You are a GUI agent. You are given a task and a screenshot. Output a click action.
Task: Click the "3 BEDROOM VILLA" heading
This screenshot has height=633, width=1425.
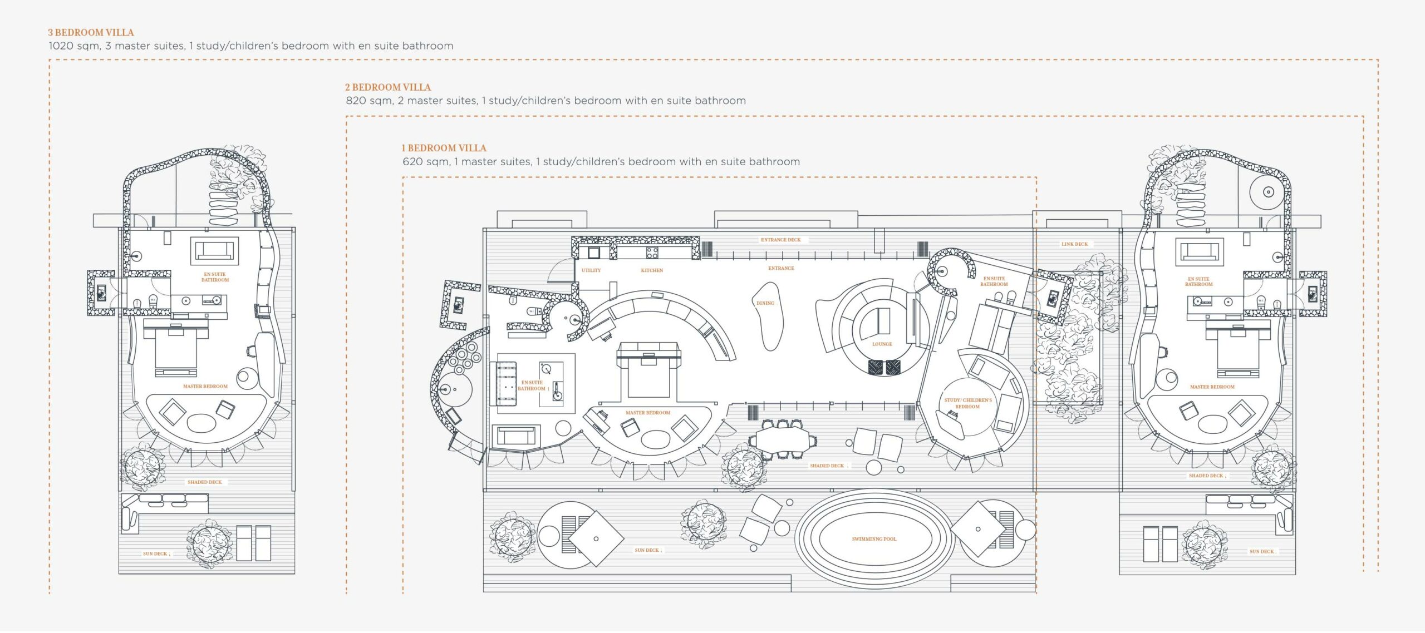tap(91, 32)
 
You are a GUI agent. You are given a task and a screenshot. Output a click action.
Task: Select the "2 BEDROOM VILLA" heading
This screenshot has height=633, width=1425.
tap(387, 87)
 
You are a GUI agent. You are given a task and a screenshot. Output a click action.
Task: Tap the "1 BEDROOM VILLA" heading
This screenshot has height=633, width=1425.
tap(444, 148)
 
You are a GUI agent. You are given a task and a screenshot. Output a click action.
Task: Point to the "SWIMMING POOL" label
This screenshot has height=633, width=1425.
tap(874, 539)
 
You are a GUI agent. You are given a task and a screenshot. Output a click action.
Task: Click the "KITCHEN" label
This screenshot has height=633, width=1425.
tap(652, 270)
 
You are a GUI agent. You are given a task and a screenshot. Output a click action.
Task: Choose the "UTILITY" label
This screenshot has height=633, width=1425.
tap(591, 270)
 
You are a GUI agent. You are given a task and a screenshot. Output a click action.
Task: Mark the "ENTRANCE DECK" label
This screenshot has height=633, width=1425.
tap(780, 240)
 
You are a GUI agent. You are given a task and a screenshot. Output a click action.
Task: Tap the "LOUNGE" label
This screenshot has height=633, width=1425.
tap(882, 344)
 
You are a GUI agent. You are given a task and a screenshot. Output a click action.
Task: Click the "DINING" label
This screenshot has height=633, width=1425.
tap(765, 303)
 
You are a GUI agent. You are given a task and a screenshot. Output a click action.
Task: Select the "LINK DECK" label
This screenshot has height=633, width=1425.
tap(1074, 244)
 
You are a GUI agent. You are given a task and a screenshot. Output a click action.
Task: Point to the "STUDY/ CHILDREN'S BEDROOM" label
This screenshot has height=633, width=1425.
tap(968, 403)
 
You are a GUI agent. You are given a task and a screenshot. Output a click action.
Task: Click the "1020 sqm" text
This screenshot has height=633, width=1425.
tap(74, 46)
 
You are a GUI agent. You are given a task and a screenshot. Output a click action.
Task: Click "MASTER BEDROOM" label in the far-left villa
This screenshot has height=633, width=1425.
tap(205, 387)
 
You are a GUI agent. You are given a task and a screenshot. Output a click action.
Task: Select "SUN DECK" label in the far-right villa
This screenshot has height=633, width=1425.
tap(1261, 552)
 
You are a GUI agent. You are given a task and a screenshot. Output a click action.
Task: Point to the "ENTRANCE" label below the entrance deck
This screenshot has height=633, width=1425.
tap(781, 268)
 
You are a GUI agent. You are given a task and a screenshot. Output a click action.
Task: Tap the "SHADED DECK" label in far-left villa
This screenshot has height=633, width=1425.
tap(204, 482)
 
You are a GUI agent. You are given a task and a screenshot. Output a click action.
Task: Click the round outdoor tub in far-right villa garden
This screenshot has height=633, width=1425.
tap(1268, 192)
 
